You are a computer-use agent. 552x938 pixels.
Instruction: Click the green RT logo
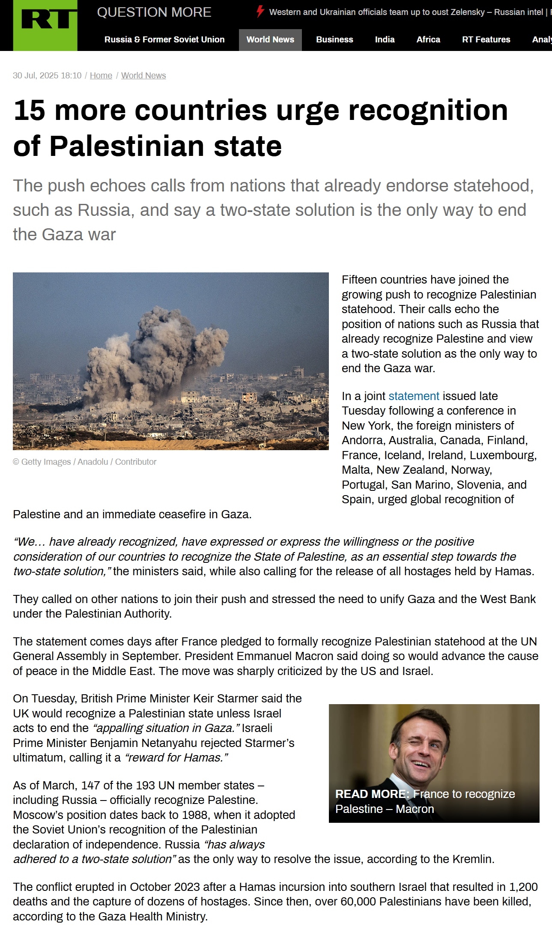click(45, 26)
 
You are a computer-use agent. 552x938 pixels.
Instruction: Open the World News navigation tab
click(270, 40)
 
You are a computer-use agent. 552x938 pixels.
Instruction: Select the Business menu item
click(334, 40)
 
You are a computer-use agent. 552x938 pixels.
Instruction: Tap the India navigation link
click(385, 40)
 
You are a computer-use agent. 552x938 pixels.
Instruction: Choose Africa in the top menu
click(428, 40)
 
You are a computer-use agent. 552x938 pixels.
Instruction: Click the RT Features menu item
click(486, 40)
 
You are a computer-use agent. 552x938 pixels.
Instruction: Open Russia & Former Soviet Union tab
click(164, 40)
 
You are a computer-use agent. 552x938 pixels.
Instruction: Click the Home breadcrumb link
click(101, 76)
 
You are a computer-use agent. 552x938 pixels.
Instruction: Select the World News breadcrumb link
click(143, 76)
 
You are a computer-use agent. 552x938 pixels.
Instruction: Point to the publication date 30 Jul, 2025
click(47, 76)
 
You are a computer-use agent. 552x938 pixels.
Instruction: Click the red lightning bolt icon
click(260, 12)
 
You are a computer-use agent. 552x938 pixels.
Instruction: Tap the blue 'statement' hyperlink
click(414, 396)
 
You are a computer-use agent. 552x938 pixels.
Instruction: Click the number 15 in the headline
click(29, 111)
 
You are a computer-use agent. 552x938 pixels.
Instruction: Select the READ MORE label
click(372, 794)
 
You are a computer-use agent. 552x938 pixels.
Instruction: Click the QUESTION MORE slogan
click(154, 12)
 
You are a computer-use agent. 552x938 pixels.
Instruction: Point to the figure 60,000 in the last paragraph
click(358, 902)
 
